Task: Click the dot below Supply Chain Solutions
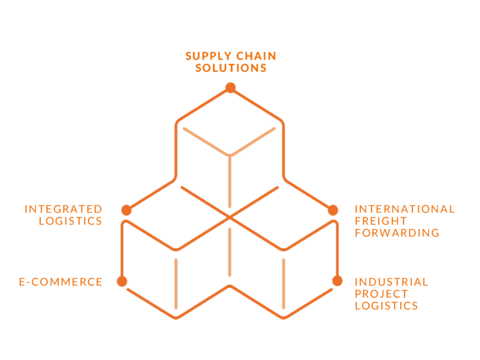click(230, 88)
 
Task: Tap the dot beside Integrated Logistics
click(126, 210)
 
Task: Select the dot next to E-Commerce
click(122, 281)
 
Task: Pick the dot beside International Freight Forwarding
click(333, 210)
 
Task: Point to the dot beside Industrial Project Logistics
click(337, 281)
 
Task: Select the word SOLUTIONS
click(231, 68)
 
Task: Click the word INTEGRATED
click(63, 209)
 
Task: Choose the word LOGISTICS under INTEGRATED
click(70, 221)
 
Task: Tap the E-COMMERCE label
click(60, 282)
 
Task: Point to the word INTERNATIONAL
click(405, 209)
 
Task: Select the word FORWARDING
click(397, 232)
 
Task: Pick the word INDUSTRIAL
click(391, 282)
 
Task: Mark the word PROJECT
click(381, 294)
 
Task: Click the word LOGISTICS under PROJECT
click(386, 306)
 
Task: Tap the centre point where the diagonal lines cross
click(230, 217)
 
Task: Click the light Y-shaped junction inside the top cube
click(230, 154)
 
